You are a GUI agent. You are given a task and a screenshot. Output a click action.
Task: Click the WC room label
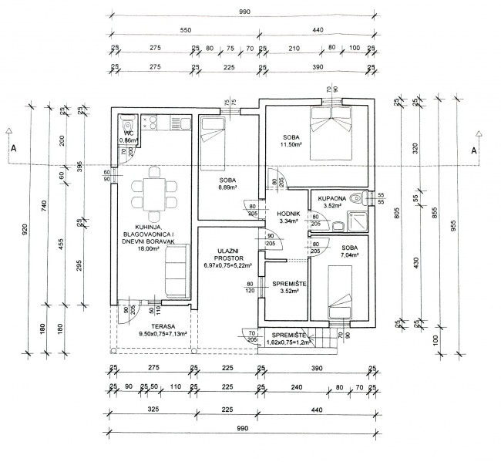pos(129,133)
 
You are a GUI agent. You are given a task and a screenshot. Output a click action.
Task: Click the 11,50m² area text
pos(291,144)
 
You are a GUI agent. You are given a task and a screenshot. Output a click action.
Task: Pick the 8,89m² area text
pos(226,187)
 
